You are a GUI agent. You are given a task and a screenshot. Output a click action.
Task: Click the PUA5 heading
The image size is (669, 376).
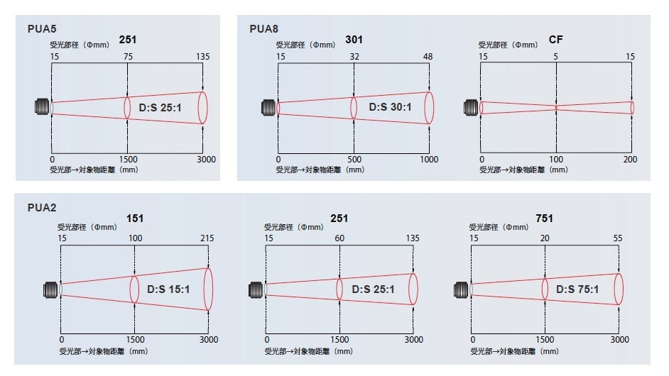[x=42, y=29]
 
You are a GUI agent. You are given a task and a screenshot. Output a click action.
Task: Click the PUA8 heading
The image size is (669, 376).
[x=263, y=29]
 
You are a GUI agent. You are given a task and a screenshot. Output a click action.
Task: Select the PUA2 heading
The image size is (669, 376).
[x=42, y=208]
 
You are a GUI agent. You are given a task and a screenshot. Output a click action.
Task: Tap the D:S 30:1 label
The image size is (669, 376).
[x=390, y=107]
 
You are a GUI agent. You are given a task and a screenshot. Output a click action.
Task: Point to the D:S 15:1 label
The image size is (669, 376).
[x=168, y=289]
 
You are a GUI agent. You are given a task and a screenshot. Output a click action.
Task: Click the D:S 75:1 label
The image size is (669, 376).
[x=577, y=289]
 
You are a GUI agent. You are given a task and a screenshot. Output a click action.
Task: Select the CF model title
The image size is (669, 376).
[x=555, y=40]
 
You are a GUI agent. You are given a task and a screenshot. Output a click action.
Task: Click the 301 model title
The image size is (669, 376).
[x=354, y=40]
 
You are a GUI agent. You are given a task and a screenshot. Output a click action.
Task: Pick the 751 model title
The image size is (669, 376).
[x=544, y=219]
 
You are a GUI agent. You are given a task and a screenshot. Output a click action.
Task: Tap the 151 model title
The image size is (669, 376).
[x=135, y=219]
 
